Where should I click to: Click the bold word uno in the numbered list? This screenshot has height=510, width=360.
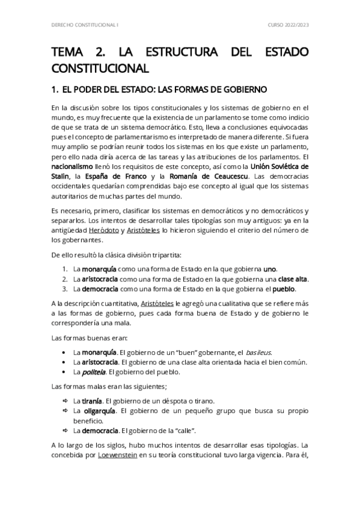click(270, 269)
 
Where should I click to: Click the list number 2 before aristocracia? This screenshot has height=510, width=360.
click(64, 279)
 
